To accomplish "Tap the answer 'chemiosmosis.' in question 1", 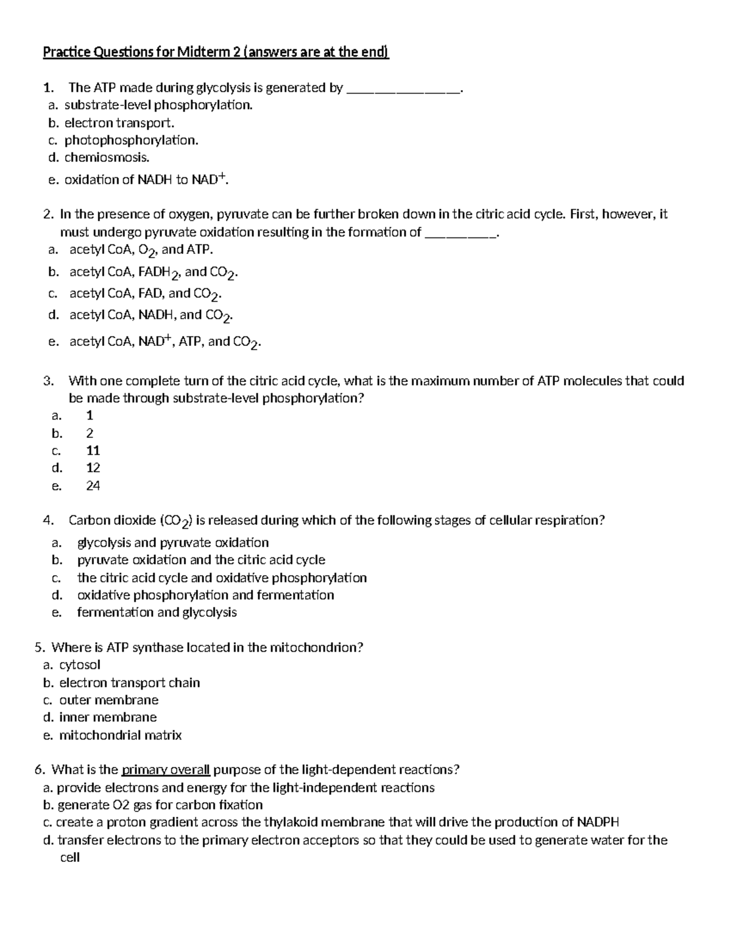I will [x=107, y=158].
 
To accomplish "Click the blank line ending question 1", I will [x=403, y=89].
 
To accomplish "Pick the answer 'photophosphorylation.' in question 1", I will [x=132, y=140].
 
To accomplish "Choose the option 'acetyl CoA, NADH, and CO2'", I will [x=151, y=315].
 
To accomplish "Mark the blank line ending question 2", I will [x=461, y=233].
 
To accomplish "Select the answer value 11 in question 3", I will [x=93, y=451].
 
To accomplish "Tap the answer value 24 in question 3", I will [x=93, y=486].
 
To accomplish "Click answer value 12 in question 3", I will [x=93, y=468].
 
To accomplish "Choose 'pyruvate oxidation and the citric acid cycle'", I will [x=201, y=560].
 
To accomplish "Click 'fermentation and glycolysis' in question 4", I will [x=157, y=612].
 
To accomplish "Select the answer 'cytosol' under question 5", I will [x=80, y=665].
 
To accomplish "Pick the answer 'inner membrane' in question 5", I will [x=108, y=718].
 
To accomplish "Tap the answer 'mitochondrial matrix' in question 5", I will [x=120, y=735].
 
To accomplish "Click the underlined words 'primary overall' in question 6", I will [x=166, y=770].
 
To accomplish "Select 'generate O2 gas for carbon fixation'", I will [x=160, y=805].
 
